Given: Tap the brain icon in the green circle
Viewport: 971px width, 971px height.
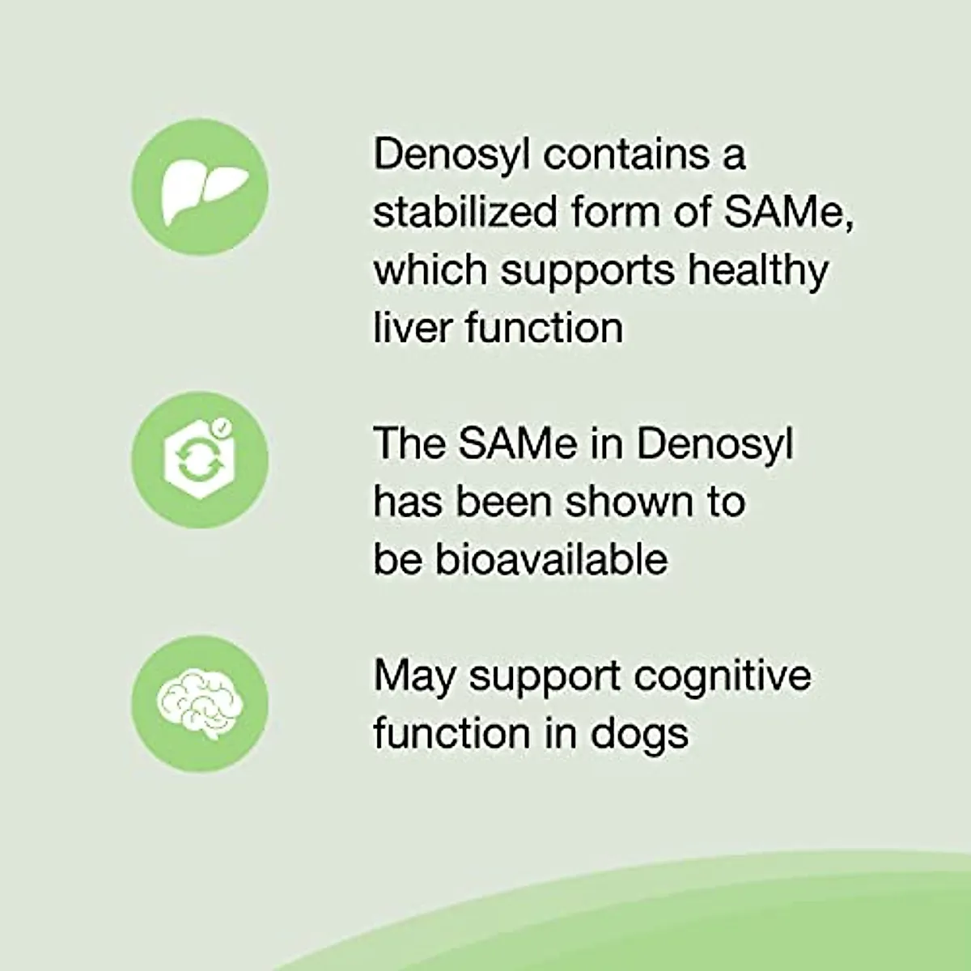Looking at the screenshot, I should (x=199, y=703).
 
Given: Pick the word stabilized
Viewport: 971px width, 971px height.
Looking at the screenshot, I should (x=465, y=212).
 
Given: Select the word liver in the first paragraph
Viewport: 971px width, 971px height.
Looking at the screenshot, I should (x=411, y=328).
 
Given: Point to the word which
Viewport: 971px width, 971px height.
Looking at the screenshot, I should (x=430, y=270).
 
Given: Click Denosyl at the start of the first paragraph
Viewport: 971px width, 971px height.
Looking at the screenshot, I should (x=450, y=154).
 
